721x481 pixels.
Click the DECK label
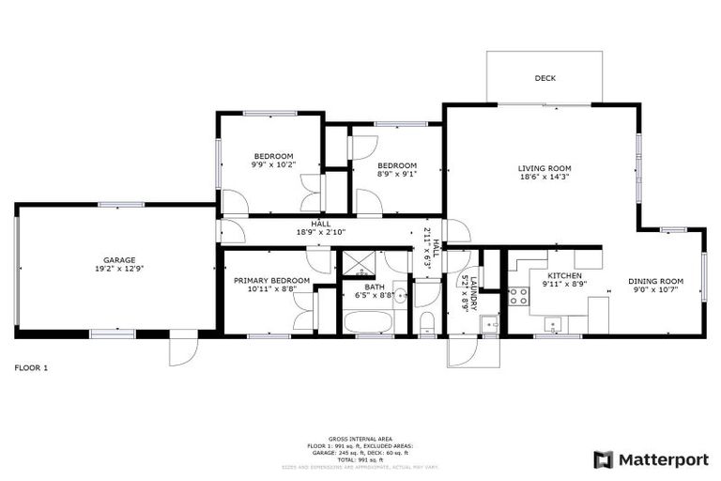point(545,78)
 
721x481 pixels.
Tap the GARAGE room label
point(119,260)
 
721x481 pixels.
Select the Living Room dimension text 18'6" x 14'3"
point(545,177)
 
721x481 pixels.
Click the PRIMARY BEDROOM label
point(271,280)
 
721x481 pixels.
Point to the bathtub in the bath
point(369,321)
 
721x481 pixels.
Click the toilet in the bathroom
point(427,324)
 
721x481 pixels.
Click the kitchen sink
point(555,325)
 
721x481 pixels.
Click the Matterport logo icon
point(604,459)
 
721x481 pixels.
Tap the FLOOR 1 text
point(31,367)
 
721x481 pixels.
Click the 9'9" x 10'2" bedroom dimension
point(273,164)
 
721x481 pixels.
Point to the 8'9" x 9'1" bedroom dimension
point(397,174)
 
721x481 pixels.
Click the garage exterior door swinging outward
point(183,350)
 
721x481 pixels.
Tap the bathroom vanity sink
point(400,297)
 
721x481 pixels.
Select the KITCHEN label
point(565,275)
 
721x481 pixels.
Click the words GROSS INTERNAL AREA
point(360,438)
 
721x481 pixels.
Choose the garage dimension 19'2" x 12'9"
point(119,270)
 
